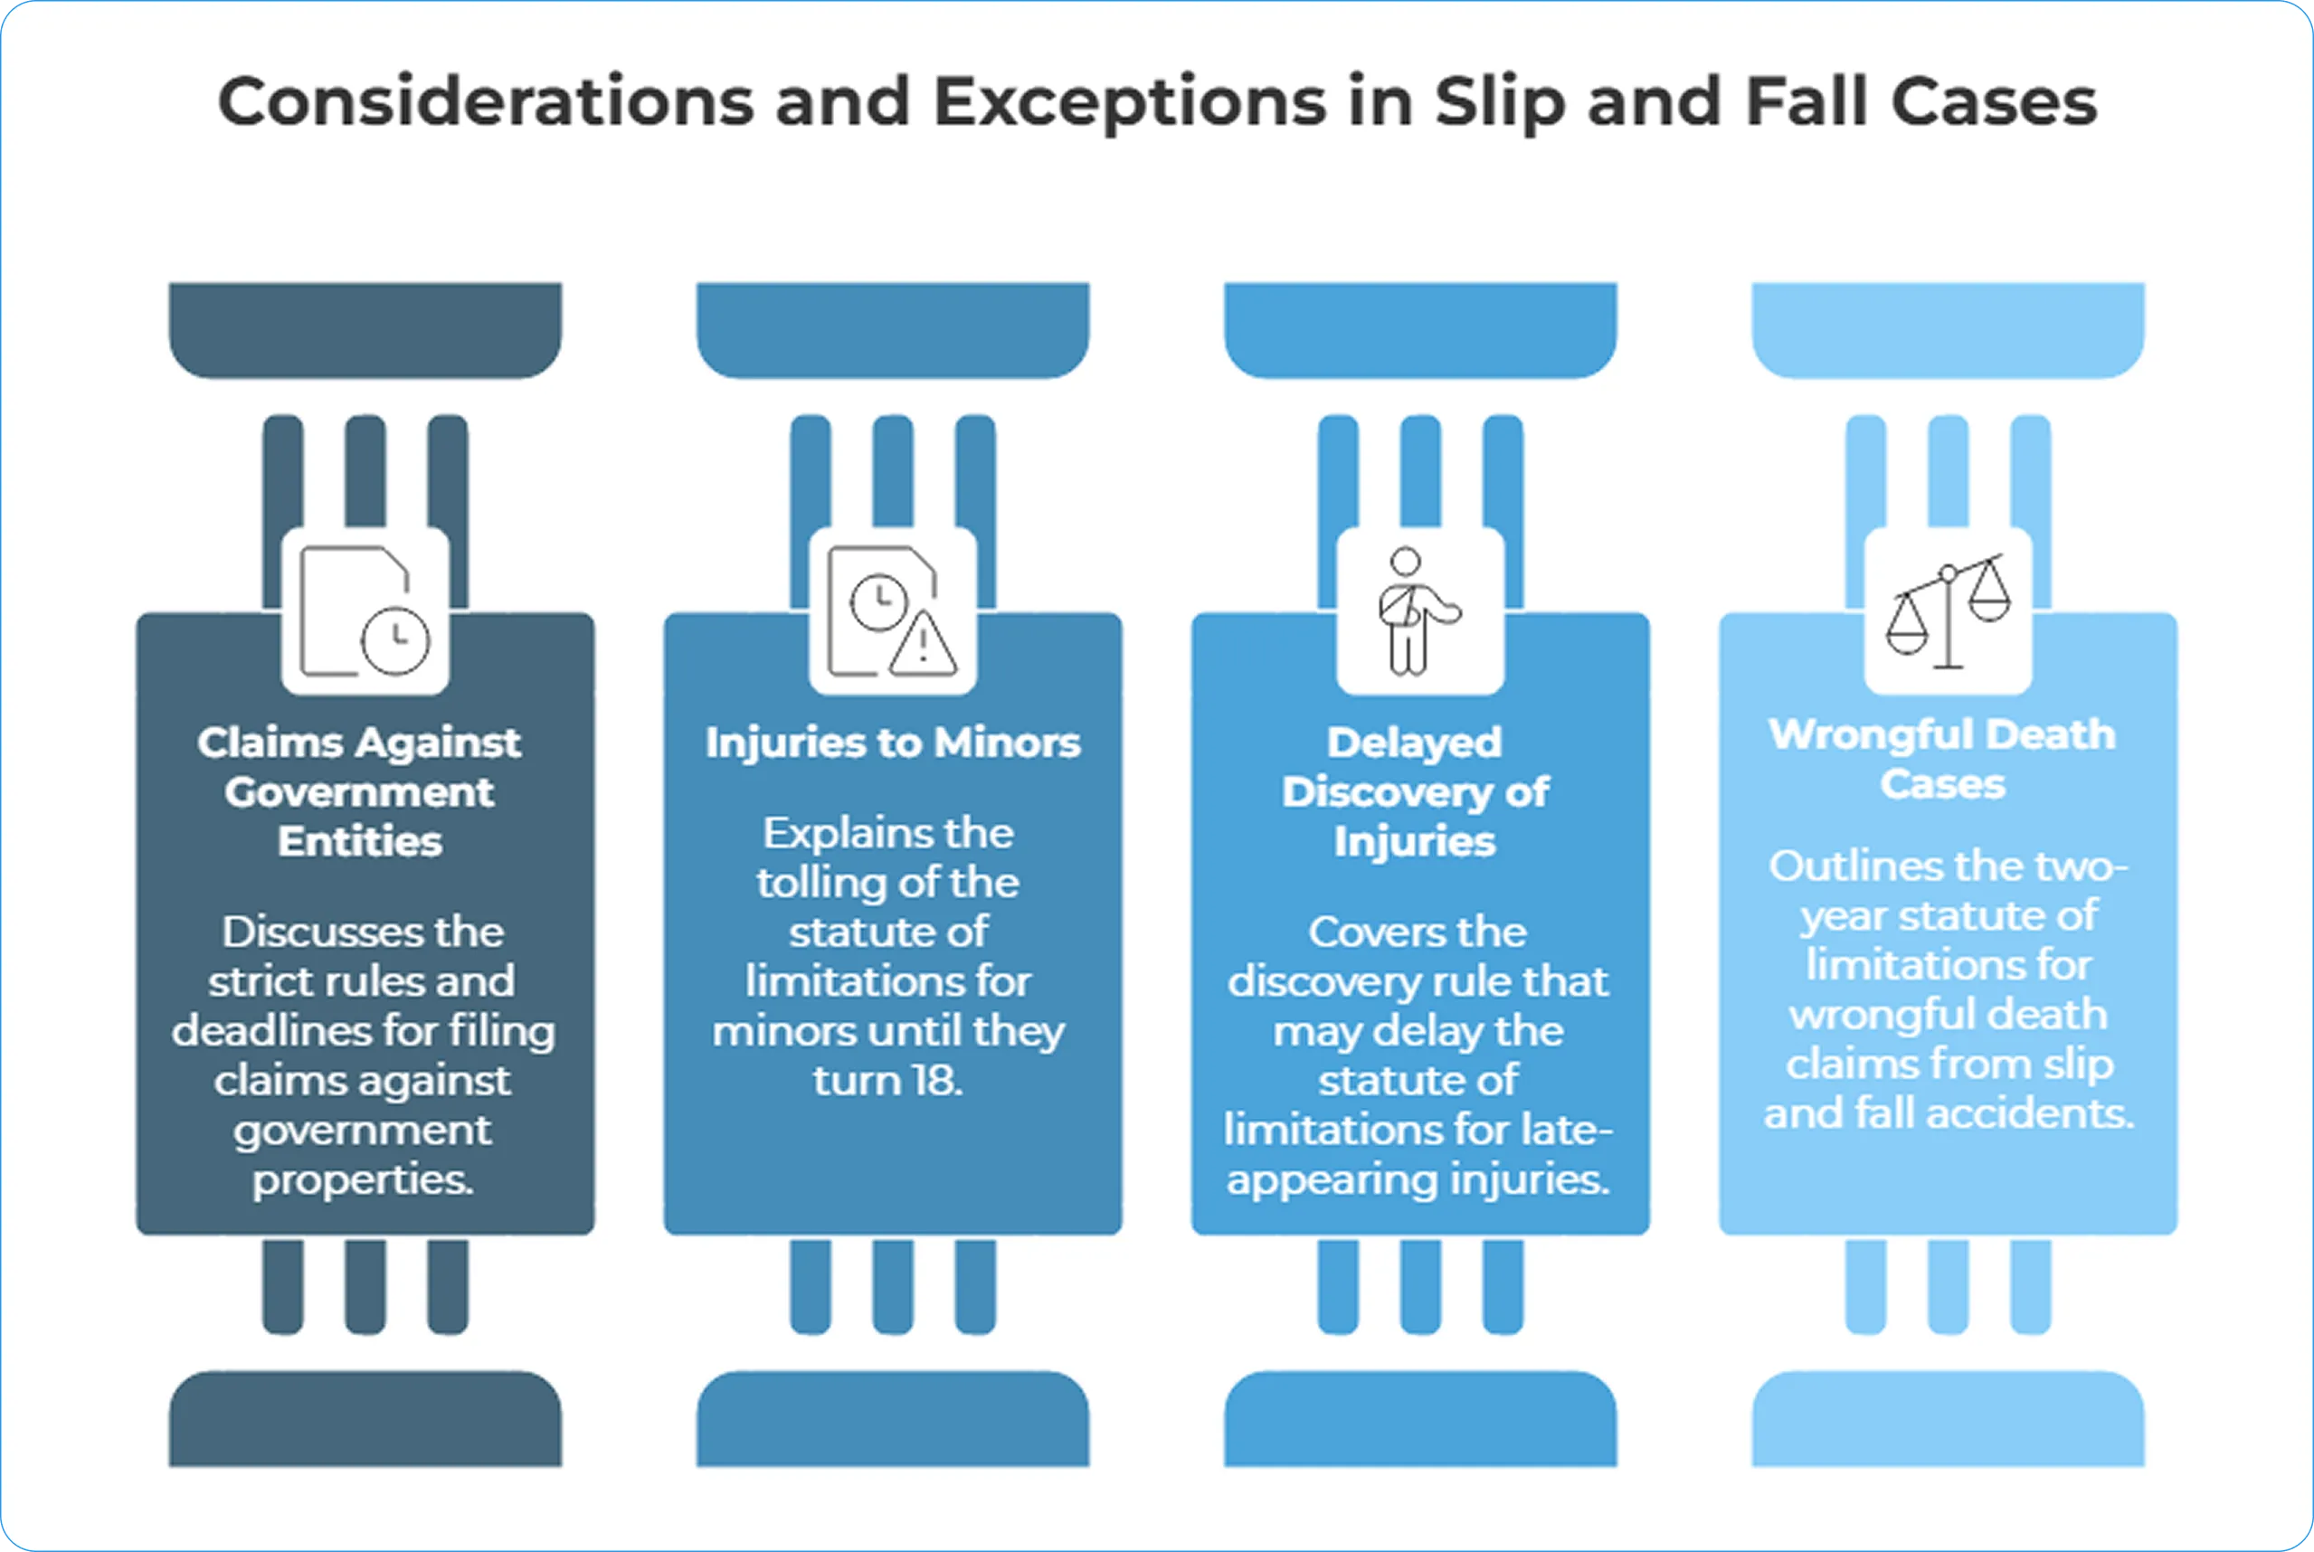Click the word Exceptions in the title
1129,103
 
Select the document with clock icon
365,610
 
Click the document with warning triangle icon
892,610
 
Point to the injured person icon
1418,610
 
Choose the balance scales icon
1948,610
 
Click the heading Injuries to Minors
892,743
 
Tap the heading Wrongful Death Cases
1942,759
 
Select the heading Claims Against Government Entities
359,792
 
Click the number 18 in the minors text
934,1080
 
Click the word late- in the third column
1569,1130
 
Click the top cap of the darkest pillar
365,329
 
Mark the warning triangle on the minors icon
923,646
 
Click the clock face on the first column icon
396,639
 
